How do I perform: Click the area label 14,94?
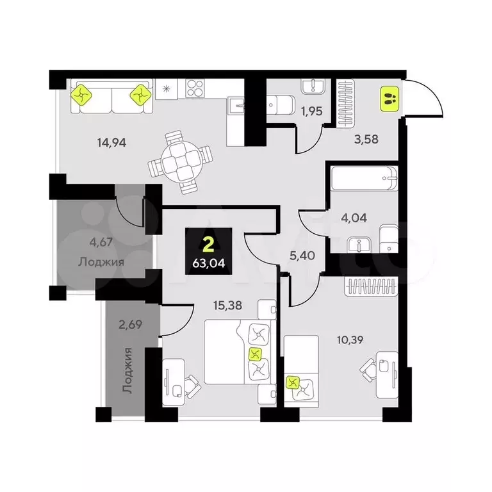pyautogui.click(x=111, y=143)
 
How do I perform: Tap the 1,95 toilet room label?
pyautogui.click(x=312, y=111)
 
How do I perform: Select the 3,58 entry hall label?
pyautogui.click(x=366, y=138)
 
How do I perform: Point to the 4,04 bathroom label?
pyautogui.click(x=354, y=218)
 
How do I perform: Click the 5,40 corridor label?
pyautogui.click(x=302, y=256)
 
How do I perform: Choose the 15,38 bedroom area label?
pyautogui.click(x=227, y=305)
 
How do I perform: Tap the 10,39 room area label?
pyautogui.click(x=350, y=340)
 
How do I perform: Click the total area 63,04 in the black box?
pyautogui.click(x=209, y=263)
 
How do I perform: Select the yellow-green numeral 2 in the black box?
pyautogui.click(x=209, y=245)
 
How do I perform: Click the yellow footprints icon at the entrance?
pyautogui.click(x=389, y=99)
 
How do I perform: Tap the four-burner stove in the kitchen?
pyautogui.click(x=195, y=88)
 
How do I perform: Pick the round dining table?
pyautogui.click(x=181, y=163)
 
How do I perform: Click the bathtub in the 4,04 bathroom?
pyautogui.click(x=365, y=178)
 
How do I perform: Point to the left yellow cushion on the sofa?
pyautogui.click(x=81, y=94)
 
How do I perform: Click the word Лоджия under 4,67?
pyautogui.click(x=101, y=261)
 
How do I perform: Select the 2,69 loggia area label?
pyautogui.click(x=130, y=324)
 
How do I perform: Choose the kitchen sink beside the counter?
pyautogui.click(x=236, y=106)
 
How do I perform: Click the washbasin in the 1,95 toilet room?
pyautogui.click(x=313, y=86)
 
